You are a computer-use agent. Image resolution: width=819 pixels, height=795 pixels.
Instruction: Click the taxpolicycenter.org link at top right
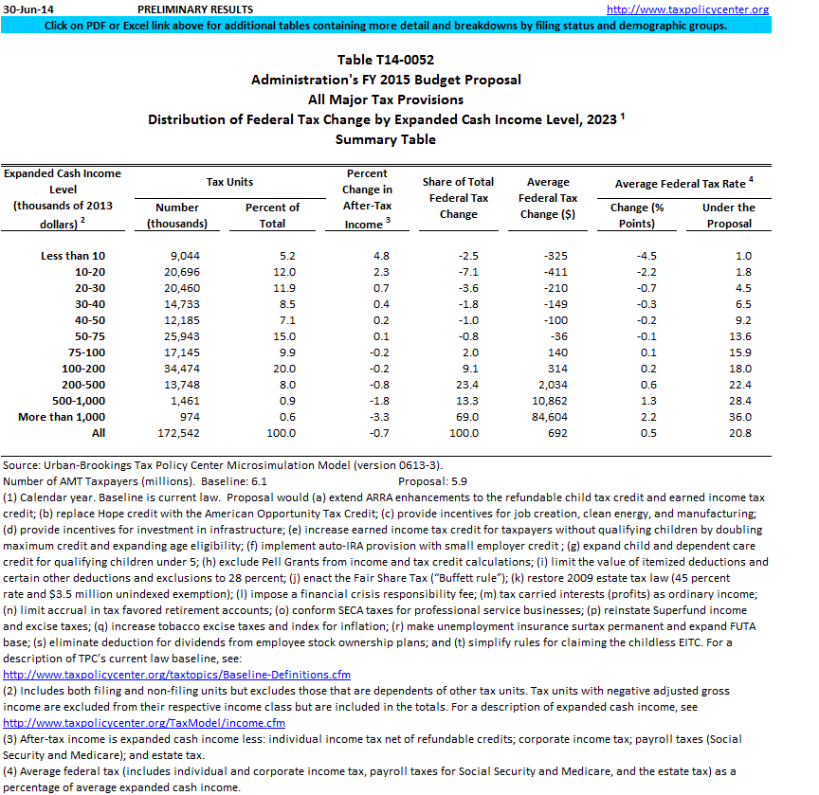(701, 9)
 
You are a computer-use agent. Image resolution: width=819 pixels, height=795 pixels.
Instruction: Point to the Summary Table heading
(386, 139)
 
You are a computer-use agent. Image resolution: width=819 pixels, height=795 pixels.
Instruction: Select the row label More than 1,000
(62, 416)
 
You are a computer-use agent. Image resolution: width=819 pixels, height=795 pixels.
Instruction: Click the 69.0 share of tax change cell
(459, 416)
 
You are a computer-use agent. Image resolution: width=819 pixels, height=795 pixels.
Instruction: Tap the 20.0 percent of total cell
(272, 368)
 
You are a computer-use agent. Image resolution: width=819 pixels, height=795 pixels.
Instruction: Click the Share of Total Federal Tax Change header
(459, 198)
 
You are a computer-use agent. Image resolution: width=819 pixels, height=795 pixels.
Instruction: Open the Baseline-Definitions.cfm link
(177, 676)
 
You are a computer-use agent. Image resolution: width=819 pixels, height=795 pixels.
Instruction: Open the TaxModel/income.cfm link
(157, 723)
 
